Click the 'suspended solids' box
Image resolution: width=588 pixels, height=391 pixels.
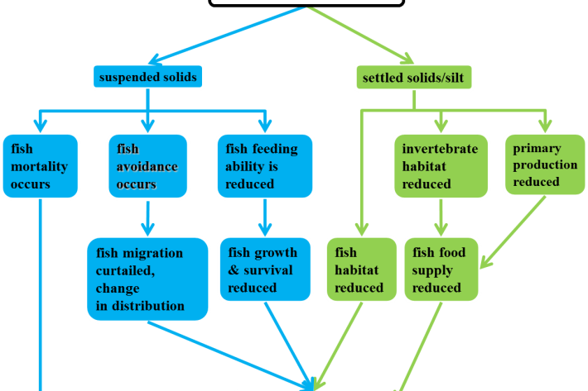(147, 78)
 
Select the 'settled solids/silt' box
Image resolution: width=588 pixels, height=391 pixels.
(412, 78)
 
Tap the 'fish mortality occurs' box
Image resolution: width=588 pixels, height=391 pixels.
(40, 166)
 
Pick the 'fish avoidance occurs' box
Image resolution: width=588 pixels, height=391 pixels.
(147, 166)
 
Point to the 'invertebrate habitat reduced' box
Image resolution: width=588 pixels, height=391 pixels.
(440, 166)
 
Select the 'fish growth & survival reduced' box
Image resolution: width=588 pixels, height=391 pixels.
(263, 269)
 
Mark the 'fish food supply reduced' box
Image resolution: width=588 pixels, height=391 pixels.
(441, 269)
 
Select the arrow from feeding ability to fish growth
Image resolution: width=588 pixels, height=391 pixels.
(263, 218)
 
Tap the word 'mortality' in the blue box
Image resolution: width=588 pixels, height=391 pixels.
(40, 166)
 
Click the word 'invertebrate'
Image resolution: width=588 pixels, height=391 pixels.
(440, 149)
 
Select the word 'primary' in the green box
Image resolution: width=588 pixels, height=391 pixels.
(537, 148)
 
